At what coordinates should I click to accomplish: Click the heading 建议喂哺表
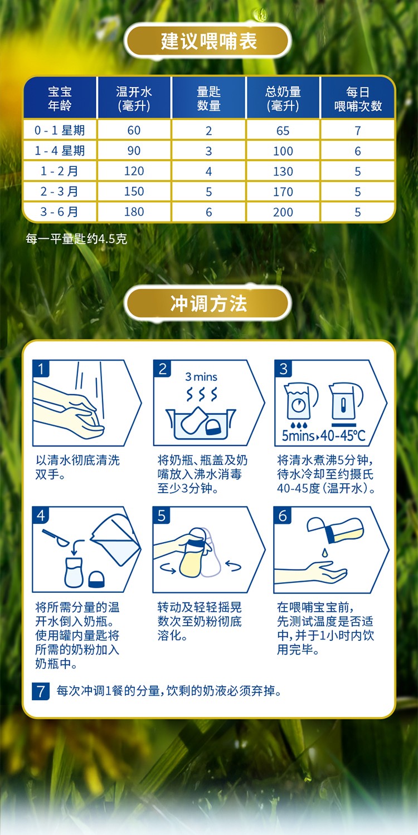tap(208, 41)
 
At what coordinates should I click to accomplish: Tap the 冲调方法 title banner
tap(208, 303)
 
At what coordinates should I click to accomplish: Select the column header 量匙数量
tap(208, 99)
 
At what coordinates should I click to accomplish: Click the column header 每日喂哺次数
tap(358, 99)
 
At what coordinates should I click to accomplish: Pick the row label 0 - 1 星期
tap(60, 130)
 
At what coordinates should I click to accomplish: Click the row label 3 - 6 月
tap(59, 212)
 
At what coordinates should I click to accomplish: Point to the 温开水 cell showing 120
tap(134, 171)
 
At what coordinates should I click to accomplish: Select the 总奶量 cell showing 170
tap(283, 191)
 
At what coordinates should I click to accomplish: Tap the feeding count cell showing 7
tap(358, 130)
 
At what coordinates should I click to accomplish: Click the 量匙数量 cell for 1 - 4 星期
tap(208, 151)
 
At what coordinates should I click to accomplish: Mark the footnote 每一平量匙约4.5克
tap(76, 239)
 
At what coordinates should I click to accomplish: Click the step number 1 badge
tap(41, 369)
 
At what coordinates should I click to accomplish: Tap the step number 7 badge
tap(41, 691)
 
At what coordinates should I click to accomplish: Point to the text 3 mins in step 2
tap(201, 377)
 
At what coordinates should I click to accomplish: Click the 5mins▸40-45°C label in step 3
tap(323, 435)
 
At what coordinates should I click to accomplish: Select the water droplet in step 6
tap(325, 552)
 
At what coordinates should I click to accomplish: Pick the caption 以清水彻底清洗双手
tap(77, 467)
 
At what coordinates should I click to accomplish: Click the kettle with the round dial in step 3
tap(300, 402)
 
